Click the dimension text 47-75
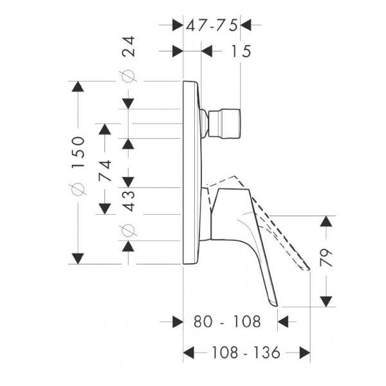(x=212, y=25)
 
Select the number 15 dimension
(x=241, y=51)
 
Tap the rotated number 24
(x=129, y=46)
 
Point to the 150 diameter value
(x=78, y=152)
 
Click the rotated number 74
(x=105, y=170)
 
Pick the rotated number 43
(x=129, y=201)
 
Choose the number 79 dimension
(x=326, y=257)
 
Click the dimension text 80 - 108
(x=227, y=322)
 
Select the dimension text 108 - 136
(x=246, y=353)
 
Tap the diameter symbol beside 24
(x=129, y=76)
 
